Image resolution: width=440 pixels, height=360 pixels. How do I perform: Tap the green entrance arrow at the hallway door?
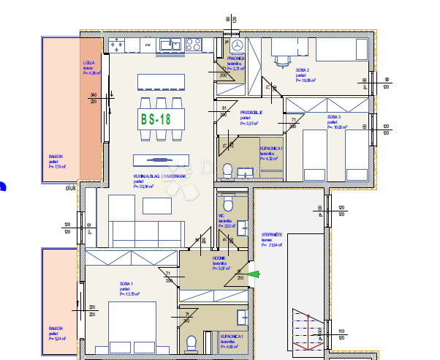tap(253, 274)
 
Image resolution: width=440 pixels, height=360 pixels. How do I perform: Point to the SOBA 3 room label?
tap(335, 117)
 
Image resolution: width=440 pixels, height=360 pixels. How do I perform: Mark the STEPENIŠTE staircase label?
tap(273, 235)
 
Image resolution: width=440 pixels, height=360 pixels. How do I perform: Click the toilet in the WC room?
tap(227, 200)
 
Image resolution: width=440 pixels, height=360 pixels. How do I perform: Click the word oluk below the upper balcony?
tap(71, 187)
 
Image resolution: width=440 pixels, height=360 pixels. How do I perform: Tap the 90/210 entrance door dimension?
tap(240, 275)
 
